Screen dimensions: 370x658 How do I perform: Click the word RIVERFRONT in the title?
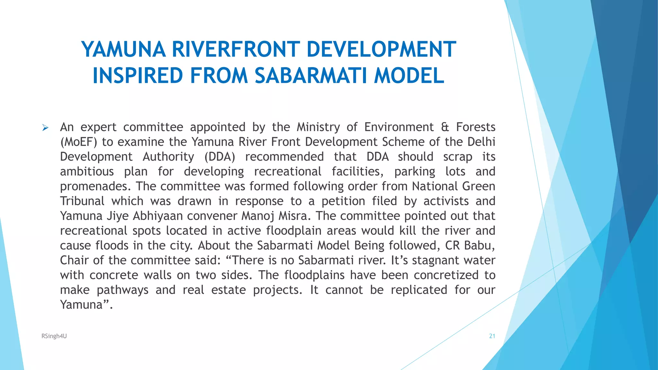click(x=236, y=49)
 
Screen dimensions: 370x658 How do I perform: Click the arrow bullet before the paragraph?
click(x=45, y=128)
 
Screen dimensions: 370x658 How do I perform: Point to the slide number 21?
click(x=492, y=336)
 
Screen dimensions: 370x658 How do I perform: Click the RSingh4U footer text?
click(x=54, y=336)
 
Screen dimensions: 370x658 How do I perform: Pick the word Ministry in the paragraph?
click(x=318, y=128)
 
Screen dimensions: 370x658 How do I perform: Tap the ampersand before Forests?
click(x=445, y=127)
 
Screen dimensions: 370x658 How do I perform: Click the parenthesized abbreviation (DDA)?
click(x=220, y=157)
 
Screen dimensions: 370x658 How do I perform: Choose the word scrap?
click(x=458, y=157)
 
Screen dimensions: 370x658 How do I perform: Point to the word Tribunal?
click(x=82, y=201)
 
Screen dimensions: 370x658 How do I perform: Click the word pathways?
click(x=122, y=290)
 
